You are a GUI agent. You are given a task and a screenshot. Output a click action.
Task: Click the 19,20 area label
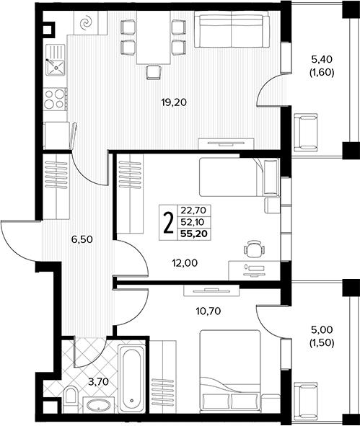click(174, 102)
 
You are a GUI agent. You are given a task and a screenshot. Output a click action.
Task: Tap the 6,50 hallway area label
click(82, 239)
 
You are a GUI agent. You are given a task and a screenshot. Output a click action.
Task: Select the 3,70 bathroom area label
click(98, 382)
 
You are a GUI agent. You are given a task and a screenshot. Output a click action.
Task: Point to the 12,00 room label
click(185, 262)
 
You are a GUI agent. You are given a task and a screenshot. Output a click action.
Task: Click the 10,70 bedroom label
click(208, 311)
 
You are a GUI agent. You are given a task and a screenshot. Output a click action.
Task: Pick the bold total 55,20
click(194, 234)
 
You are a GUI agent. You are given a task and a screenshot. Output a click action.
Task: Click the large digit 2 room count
click(168, 223)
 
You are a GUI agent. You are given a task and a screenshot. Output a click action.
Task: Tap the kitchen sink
click(56, 60)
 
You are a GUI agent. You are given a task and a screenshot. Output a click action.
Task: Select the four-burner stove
click(56, 99)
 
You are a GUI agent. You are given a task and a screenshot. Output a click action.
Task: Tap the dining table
click(154, 37)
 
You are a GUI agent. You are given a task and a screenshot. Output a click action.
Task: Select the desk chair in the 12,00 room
click(254, 248)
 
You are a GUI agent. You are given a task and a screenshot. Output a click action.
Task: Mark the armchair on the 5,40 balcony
click(306, 133)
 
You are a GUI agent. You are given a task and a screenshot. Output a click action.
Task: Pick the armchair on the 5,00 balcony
click(306, 400)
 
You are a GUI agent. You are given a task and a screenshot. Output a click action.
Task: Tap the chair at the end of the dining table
click(154, 73)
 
